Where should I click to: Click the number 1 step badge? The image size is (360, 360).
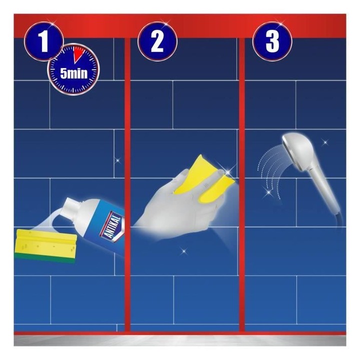43,41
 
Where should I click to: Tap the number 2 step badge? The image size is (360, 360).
157,41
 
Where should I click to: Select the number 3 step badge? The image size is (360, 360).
272,41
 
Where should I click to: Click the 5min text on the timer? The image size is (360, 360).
74,73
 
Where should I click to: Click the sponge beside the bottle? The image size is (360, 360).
45,245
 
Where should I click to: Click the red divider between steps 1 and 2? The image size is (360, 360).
127,183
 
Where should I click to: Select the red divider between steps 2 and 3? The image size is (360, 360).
242,183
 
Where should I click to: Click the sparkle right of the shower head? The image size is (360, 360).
325,142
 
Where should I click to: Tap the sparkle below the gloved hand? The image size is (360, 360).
183,251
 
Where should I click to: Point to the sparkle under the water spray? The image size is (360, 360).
267,194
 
